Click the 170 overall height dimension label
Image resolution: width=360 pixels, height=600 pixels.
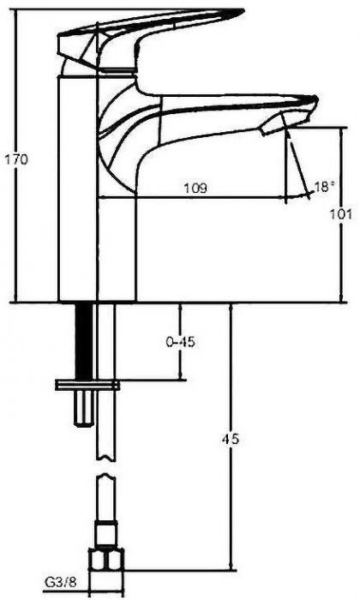click(16, 159)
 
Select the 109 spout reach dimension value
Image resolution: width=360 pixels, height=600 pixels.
click(195, 189)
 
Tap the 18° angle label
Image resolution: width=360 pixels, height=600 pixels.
click(324, 187)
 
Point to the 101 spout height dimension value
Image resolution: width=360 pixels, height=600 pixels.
click(341, 214)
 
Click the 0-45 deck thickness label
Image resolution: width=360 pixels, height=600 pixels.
click(180, 342)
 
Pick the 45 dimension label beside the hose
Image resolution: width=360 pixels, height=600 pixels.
click(231, 439)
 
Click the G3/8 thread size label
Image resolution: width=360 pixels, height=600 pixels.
click(61, 583)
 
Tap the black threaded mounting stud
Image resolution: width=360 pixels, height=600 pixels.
click(84, 341)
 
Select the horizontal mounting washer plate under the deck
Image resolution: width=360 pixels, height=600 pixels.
click(87, 385)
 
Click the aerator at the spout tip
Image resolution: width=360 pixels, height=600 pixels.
click(273, 125)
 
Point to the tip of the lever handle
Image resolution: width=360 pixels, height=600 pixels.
click(243, 11)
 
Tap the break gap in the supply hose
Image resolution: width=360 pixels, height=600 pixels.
click(105, 467)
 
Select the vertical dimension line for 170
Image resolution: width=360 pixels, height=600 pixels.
click(15, 156)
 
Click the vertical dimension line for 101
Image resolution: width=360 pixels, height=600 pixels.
click(341, 214)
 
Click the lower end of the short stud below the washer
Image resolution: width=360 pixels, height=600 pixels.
click(83, 424)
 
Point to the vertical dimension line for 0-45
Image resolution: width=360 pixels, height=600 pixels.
click(180, 342)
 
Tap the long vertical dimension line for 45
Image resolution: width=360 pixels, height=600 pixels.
click(231, 436)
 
